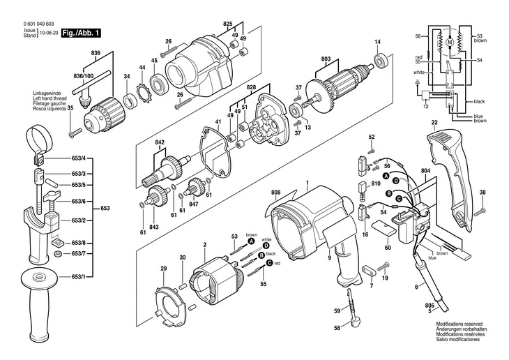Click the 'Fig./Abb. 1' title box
(x=81, y=33)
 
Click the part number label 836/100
(x=84, y=76)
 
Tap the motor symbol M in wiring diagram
(x=450, y=42)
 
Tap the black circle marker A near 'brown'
(x=250, y=241)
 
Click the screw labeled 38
(x=480, y=212)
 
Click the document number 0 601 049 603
(x=38, y=24)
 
